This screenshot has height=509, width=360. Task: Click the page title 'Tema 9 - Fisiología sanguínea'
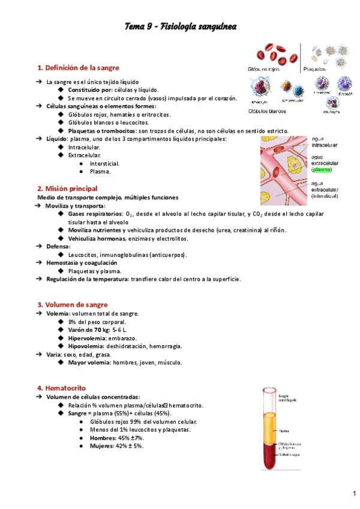click(180, 26)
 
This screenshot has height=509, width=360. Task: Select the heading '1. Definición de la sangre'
click(78, 67)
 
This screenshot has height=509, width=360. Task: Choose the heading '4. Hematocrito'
click(62, 388)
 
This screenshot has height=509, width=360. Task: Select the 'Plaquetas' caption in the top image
click(315, 68)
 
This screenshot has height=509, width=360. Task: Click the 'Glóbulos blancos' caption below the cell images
click(267, 110)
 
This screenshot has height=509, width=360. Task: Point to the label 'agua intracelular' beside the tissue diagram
click(324, 142)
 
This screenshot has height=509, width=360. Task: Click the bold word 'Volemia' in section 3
click(58, 314)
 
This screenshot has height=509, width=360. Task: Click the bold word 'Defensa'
click(59, 247)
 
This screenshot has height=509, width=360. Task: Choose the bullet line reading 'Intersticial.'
click(104, 163)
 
